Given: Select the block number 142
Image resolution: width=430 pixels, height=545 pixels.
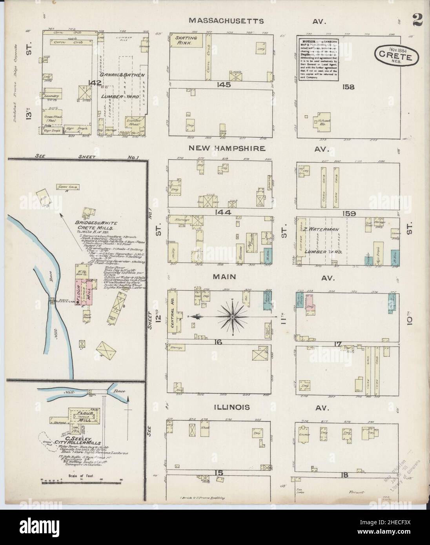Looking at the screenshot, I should pos(95,83).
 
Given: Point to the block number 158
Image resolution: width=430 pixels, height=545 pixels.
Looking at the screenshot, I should pos(348,87).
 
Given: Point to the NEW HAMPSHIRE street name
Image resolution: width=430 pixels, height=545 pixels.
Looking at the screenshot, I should pos(227,149).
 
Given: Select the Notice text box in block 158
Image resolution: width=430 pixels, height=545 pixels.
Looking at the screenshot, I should pos(318,59).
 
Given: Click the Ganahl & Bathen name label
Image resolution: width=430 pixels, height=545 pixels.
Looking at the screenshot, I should pos(117,75).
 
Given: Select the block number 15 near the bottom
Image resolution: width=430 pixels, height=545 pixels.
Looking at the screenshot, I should pos(219,473).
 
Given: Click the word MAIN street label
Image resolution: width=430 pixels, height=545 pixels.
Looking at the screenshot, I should pos(224,277).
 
